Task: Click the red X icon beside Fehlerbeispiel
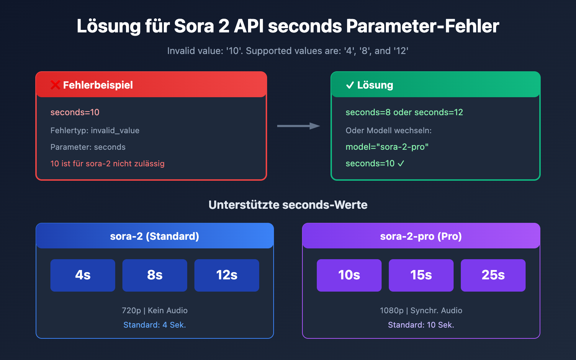tap(55, 85)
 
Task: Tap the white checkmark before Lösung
tap(350, 85)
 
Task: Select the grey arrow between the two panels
tap(298, 126)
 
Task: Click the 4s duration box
tap(83, 275)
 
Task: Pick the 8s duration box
tap(155, 275)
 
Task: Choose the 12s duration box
tap(227, 275)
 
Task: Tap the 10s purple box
tap(349, 275)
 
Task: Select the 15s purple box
tap(421, 275)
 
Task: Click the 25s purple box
tap(493, 275)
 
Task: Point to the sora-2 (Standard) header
tap(155, 236)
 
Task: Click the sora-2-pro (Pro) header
tap(421, 236)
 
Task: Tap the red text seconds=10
tap(75, 112)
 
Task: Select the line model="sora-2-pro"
tap(387, 147)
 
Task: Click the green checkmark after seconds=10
tap(401, 163)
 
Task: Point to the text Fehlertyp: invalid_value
tap(95, 130)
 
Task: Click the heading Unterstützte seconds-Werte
tap(288, 205)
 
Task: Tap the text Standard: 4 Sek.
tap(155, 325)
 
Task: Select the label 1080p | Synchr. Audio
tap(421, 310)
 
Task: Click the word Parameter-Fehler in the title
tap(423, 26)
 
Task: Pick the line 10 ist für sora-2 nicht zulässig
tap(107, 163)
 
